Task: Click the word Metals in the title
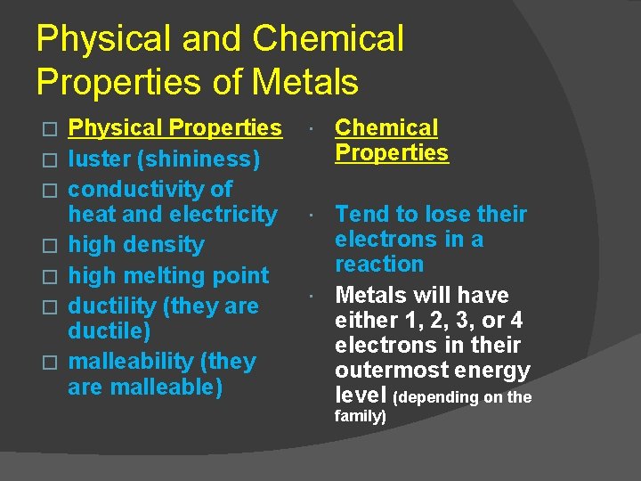(x=305, y=82)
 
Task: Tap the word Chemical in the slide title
(x=329, y=39)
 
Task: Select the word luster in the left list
(x=96, y=159)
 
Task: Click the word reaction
(x=379, y=265)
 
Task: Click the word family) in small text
(x=360, y=416)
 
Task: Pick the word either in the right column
(x=363, y=320)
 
